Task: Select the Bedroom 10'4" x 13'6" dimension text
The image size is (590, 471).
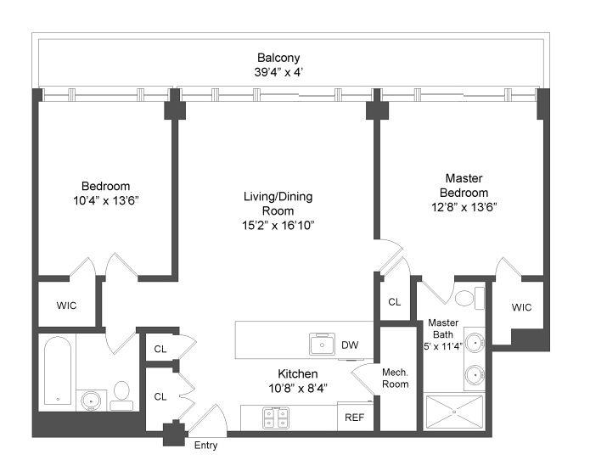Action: point(105,201)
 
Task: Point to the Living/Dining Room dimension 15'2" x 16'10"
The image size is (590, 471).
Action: point(278,225)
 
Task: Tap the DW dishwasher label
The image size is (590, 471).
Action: point(350,345)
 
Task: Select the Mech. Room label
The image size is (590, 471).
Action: point(396,378)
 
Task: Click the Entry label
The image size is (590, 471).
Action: point(206,446)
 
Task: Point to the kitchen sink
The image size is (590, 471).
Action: point(323,344)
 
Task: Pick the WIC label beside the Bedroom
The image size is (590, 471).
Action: point(67,305)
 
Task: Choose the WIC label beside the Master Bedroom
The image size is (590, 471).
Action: point(521,307)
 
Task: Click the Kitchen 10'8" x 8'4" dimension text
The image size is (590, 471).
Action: point(297,388)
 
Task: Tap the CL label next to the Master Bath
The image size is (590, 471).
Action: point(395,301)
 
